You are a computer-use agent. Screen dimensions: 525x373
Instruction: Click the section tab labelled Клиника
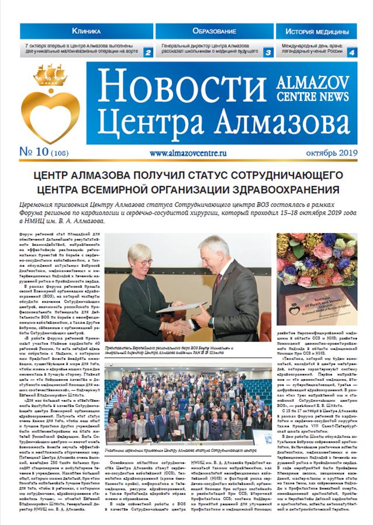coord(86,30)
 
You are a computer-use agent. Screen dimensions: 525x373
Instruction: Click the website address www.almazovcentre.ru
coord(188,154)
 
